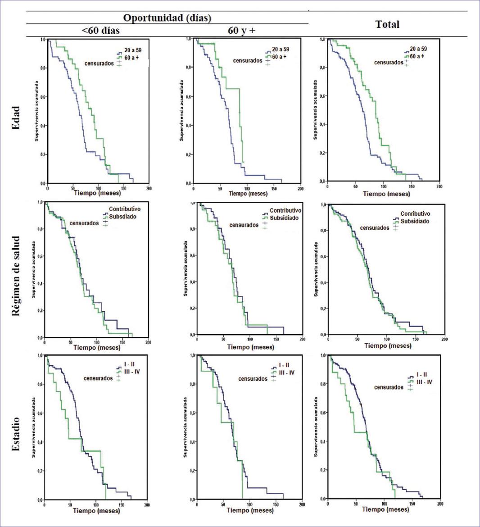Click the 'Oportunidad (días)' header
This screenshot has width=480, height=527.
coord(168,18)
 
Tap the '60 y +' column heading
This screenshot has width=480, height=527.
coord(242,31)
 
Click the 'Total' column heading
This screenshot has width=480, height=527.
coord(387,24)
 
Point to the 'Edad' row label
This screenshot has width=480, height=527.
coord(16,118)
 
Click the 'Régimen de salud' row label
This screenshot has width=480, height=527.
coord(16,275)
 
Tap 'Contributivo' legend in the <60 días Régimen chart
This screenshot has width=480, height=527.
coord(125,209)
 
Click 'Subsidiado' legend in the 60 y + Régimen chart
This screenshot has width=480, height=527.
coord(284,218)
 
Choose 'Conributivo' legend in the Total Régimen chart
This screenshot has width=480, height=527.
coord(415,214)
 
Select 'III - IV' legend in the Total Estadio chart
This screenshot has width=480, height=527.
coord(423,382)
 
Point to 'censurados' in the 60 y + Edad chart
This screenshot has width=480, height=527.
coord(247,61)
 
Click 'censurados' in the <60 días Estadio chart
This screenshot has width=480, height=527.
coord(98,378)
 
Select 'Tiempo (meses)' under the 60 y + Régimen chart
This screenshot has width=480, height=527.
coord(250,347)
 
